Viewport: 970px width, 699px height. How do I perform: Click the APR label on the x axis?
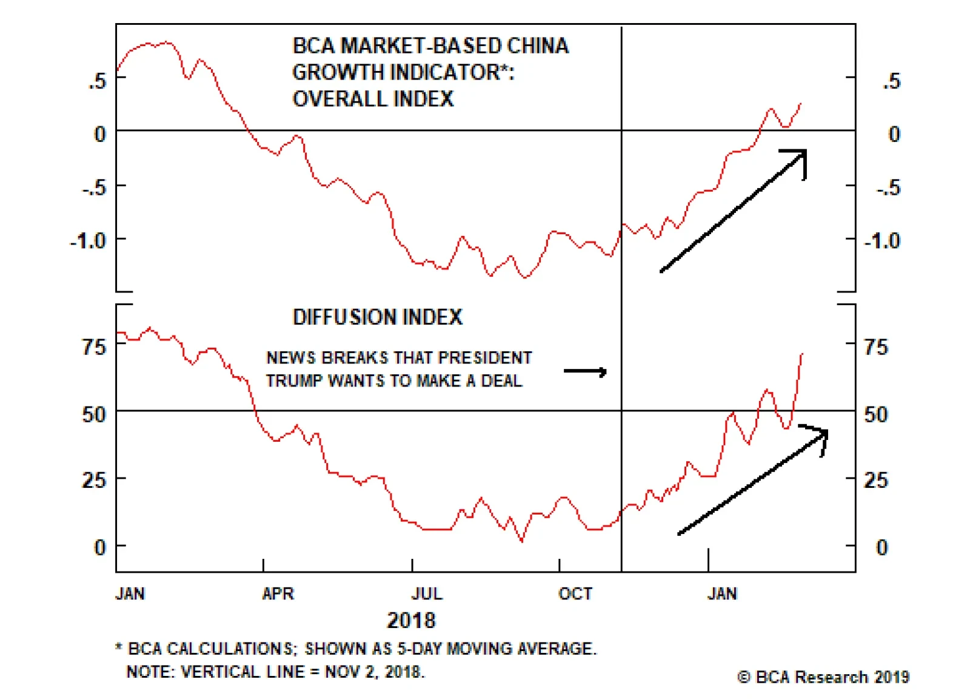point(278,593)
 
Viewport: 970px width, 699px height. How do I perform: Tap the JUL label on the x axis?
point(427,593)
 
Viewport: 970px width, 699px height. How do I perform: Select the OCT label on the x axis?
point(575,593)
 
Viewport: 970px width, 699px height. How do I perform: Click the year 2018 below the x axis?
point(411,620)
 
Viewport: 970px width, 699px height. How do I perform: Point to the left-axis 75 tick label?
point(94,347)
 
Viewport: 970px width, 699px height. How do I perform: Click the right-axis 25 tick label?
point(876,480)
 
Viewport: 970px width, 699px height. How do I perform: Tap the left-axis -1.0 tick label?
point(89,241)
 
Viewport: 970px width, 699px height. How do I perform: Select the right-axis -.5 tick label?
point(889,187)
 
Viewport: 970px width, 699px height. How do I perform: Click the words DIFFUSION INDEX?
point(377,317)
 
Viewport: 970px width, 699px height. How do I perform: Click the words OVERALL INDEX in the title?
point(373,98)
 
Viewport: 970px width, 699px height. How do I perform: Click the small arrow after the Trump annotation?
point(585,371)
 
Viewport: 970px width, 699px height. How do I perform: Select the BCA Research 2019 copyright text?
point(823,677)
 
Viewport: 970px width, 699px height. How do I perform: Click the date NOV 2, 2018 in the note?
point(374,672)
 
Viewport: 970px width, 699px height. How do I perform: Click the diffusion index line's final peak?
point(801,354)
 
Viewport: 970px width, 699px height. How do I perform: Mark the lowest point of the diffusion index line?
point(522,540)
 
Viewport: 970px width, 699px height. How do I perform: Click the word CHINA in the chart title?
point(538,46)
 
